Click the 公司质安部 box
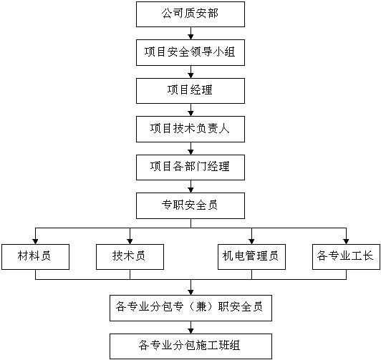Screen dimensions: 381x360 click(x=190, y=14)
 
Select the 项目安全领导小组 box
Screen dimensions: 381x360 click(x=190, y=53)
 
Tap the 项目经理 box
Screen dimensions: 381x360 click(x=190, y=91)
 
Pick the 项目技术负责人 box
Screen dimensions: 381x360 click(x=190, y=129)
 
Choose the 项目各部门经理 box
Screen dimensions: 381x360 click(x=190, y=167)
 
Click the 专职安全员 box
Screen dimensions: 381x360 click(x=190, y=206)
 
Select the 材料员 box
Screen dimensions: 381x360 click(x=36, y=257)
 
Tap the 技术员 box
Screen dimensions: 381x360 click(x=130, y=257)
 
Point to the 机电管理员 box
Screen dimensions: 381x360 click(x=251, y=257)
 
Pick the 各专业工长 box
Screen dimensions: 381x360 click(x=346, y=257)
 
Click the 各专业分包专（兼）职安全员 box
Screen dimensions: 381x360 click(x=190, y=308)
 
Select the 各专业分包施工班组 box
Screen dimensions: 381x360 click(x=190, y=346)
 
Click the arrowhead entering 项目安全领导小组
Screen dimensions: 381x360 click(x=190, y=37)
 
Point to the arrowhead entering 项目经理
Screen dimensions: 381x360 click(x=190, y=75)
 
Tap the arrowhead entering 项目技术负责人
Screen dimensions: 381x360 click(x=190, y=113)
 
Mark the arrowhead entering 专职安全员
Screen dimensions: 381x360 click(x=190, y=190)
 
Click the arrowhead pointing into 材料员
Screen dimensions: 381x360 click(x=36, y=241)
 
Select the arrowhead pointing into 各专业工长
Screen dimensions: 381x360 click(x=346, y=241)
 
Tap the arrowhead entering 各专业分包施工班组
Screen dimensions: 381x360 click(x=190, y=331)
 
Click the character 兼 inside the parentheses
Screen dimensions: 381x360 click(x=201, y=307)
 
